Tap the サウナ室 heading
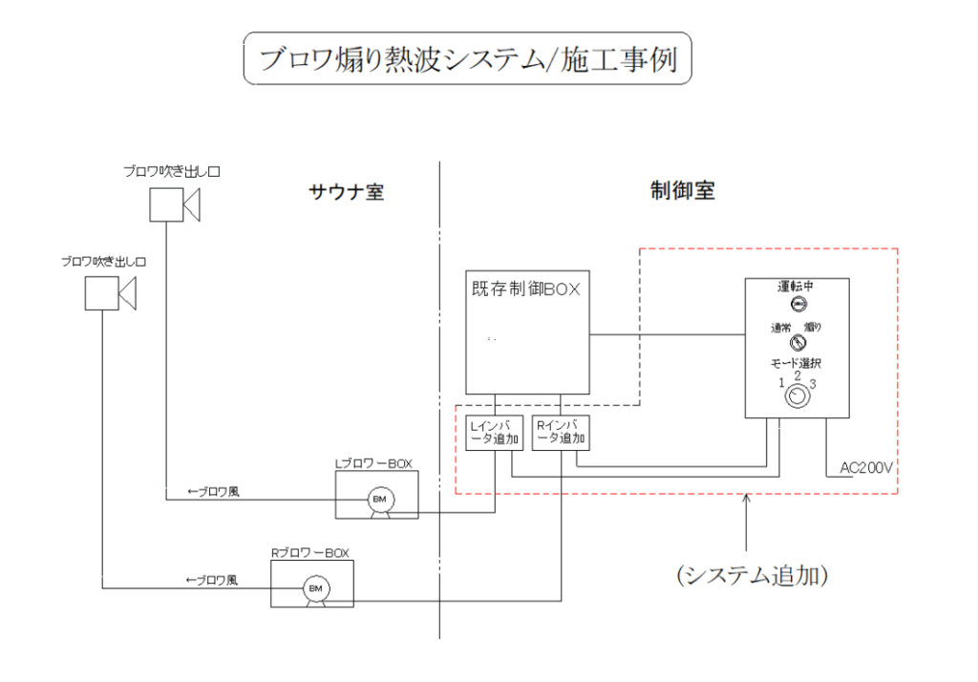(346, 192)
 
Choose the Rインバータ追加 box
(561, 434)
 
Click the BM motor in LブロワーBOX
(379, 500)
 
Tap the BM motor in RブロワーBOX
(314, 587)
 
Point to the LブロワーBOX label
(373, 464)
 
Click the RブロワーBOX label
(310, 552)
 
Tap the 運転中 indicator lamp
(798, 305)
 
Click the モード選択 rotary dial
(795, 400)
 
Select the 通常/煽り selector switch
(798, 343)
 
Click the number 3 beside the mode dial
(813, 384)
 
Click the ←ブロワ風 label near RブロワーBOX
(212, 580)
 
